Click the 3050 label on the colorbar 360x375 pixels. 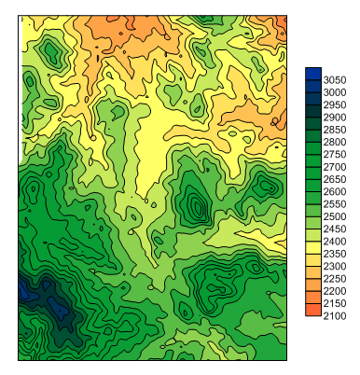(335, 80)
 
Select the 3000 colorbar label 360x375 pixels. (335, 92)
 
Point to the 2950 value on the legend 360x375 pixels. (335, 105)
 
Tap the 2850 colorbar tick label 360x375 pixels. (335, 130)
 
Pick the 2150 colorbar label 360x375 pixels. (335, 303)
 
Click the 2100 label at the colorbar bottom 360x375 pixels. (335, 316)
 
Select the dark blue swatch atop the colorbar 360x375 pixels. (312, 74)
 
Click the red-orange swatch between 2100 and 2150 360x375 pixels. (312, 310)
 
